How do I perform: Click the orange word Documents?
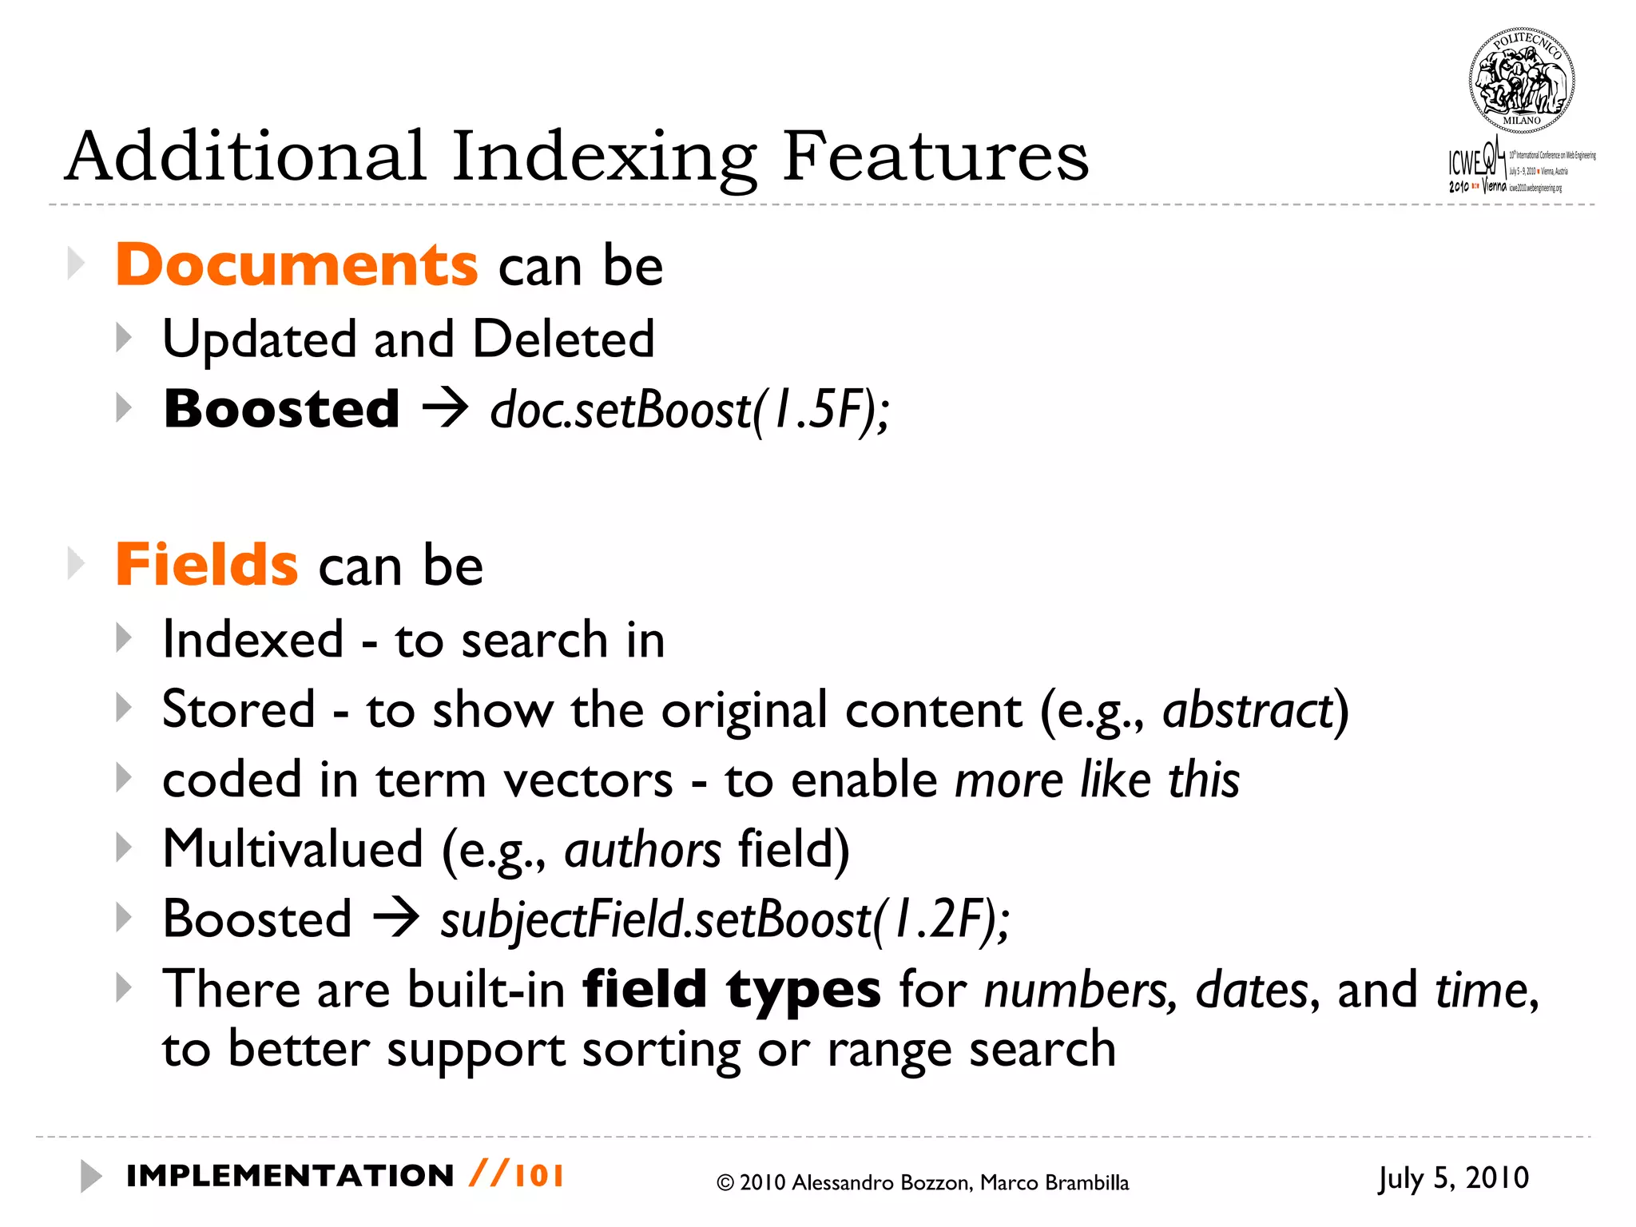(296, 264)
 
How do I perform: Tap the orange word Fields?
(207, 565)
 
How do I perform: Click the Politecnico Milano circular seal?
(1522, 81)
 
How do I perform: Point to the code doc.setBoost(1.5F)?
(689, 410)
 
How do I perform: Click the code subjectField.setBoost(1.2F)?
(725, 919)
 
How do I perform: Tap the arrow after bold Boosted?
(445, 409)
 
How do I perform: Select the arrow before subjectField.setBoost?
(396, 918)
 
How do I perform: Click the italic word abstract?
(1247, 710)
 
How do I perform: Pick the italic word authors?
(642, 849)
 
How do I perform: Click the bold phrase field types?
(732, 990)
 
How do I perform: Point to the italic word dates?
(1252, 991)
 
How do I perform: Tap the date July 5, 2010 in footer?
(1453, 1178)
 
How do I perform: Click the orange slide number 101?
(539, 1176)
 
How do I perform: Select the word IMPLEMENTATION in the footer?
(290, 1176)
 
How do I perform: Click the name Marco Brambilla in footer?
(1054, 1183)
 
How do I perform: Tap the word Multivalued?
(292, 849)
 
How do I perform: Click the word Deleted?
(563, 340)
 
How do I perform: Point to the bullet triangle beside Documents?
(76, 264)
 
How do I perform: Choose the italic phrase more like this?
(1097, 780)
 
